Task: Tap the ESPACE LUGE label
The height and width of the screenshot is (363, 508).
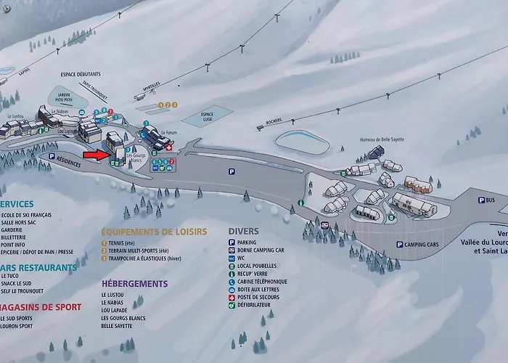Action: tap(207, 116)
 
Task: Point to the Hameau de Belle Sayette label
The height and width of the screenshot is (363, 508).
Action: tap(382, 139)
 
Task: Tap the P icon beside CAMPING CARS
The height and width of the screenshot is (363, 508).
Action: tap(399, 245)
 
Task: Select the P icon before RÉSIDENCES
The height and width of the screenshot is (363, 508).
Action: tap(51, 155)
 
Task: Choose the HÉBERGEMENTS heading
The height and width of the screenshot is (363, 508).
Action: tap(134, 283)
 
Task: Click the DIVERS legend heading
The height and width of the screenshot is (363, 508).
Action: tap(243, 232)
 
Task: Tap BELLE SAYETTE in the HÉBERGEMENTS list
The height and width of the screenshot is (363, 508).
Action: tap(117, 326)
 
